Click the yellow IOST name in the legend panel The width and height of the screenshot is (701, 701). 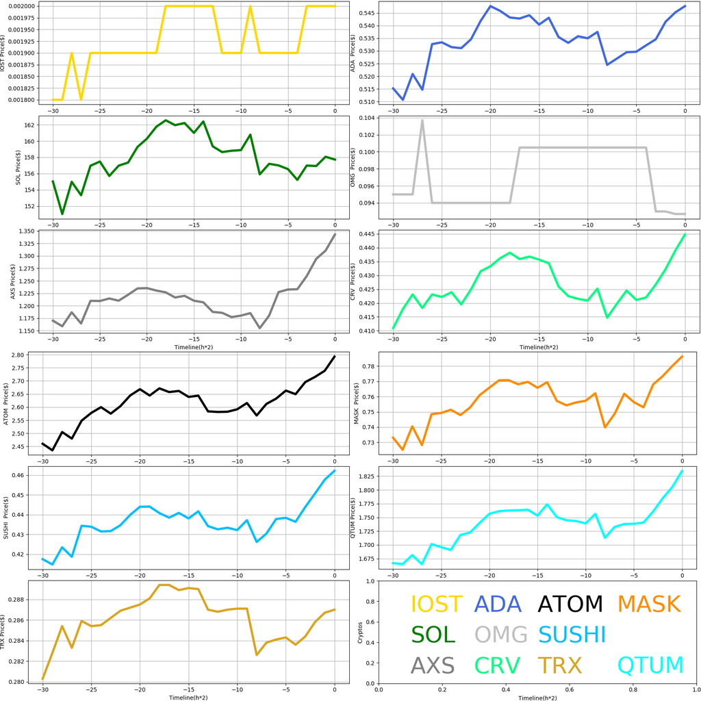[x=436, y=604]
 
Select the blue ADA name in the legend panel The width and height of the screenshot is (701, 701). [x=500, y=604]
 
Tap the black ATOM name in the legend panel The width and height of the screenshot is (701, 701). [x=570, y=604]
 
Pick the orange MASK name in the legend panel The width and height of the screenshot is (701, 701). [x=649, y=604]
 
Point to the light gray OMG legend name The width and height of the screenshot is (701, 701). [x=501, y=635]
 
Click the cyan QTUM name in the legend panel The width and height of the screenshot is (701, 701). [x=650, y=665]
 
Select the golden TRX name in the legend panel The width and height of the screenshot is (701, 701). [x=559, y=665]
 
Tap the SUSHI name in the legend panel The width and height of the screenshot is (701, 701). [x=572, y=635]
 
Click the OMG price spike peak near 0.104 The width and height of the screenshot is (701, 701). [x=422, y=120]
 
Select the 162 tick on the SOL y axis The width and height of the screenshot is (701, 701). [x=29, y=125]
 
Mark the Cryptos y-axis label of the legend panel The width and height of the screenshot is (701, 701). [x=360, y=632]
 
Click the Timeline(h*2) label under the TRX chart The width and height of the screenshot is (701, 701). [x=189, y=697]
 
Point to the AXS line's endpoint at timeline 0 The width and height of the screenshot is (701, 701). [x=335, y=234]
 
